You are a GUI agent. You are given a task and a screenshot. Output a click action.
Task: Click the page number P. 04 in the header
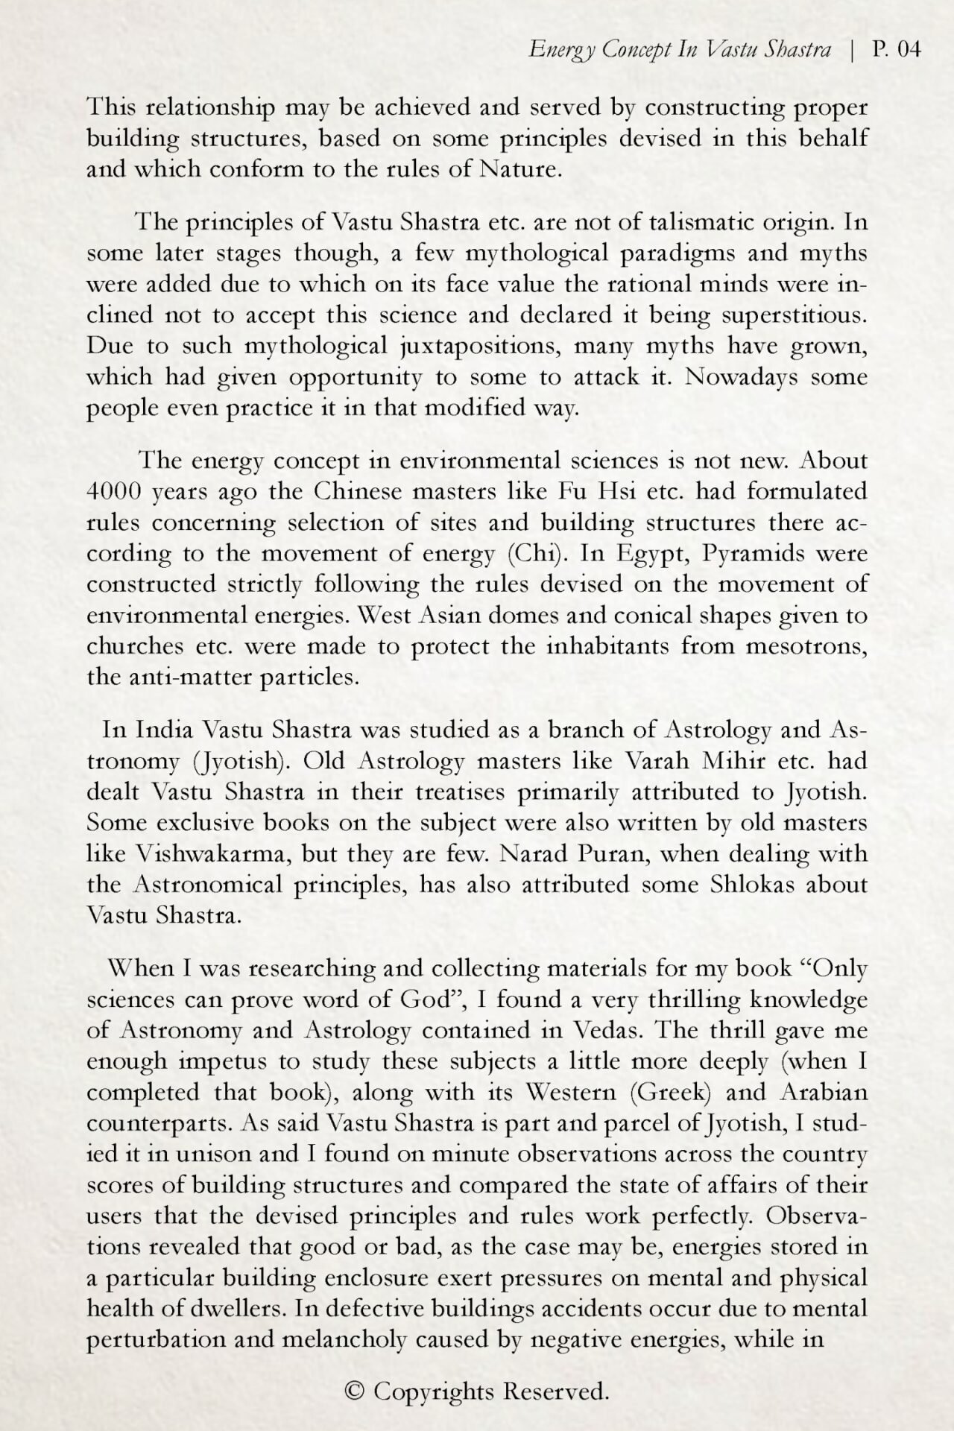tap(897, 50)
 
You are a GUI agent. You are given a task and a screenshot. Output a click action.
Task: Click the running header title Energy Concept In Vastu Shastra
tap(679, 50)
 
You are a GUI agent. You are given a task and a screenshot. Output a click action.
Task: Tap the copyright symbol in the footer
tap(355, 1391)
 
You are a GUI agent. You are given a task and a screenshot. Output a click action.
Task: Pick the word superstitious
tap(795, 315)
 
